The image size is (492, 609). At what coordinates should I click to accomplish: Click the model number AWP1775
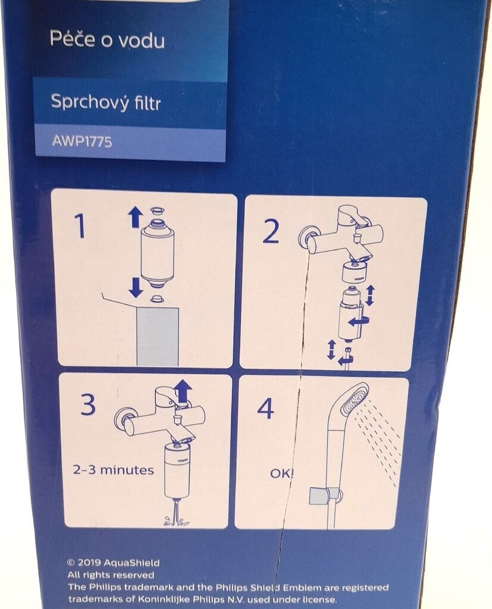pos(82,140)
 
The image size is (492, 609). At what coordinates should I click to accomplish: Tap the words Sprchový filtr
pos(105,102)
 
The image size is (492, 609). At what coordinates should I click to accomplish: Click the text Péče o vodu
pos(107,40)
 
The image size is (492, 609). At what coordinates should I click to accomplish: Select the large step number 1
pos(80,227)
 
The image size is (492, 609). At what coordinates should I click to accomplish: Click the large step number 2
pos(271,231)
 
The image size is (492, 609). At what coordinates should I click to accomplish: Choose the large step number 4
pos(265,409)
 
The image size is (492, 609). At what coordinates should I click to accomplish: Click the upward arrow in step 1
pos(136,216)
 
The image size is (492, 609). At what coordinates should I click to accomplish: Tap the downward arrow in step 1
pos(136,287)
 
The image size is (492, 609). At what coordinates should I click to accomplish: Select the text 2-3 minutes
pos(113,470)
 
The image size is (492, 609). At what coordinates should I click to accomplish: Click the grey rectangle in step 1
pos(158,337)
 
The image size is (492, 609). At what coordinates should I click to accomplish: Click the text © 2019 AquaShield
pos(114,563)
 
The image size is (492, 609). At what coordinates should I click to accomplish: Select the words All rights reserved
pos(111,575)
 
